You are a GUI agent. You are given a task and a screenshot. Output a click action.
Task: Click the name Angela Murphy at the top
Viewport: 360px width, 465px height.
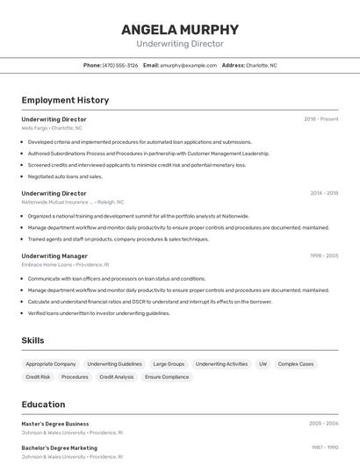pyautogui.click(x=180, y=30)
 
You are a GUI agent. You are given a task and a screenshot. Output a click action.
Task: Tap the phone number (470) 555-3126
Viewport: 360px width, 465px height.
pyautogui.click(x=119, y=65)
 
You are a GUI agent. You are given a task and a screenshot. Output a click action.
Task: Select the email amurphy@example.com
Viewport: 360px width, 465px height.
pyautogui.click(x=188, y=65)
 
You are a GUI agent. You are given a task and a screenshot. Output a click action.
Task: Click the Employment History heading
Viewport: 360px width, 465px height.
pyautogui.click(x=65, y=101)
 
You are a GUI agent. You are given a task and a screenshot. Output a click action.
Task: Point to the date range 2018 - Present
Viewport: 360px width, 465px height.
pyautogui.click(x=320, y=119)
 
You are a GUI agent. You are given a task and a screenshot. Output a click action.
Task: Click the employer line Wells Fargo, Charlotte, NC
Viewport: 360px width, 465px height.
pyautogui.click(x=52, y=128)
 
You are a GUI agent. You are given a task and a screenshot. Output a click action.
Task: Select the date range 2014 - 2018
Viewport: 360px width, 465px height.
pyautogui.click(x=323, y=193)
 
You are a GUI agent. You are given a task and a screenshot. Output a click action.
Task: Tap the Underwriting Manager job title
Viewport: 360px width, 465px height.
pyautogui.click(x=54, y=256)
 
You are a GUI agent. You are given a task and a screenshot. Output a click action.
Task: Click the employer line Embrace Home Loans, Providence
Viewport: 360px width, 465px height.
pyautogui.click(x=65, y=264)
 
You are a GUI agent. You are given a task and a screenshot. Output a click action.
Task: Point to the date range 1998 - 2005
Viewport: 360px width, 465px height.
pyautogui.click(x=323, y=256)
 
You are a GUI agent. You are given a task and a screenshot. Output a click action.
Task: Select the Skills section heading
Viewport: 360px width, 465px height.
pyautogui.click(x=32, y=340)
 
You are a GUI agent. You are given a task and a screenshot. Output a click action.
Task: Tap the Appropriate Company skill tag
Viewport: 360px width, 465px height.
pyautogui.click(x=51, y=364)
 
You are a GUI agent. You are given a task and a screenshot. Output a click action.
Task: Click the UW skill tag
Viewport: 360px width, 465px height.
pyautogui.click(x=263, y=364)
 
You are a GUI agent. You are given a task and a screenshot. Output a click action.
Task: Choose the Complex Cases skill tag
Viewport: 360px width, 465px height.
pyautogui.click(x=296, y=364)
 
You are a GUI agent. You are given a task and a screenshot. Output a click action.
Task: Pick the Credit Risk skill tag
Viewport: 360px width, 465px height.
pyautogui.click(x=38, y=377)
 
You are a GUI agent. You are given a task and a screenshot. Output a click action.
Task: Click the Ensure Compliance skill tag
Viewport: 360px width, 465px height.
pyautogui.click(x=167, y=377)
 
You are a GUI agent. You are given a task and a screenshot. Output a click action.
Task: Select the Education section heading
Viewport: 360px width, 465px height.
pyautogui.click(x=43, y=404)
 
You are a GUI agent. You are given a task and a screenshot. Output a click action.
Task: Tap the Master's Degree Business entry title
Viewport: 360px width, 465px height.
pyautogui.click(x=55, y=424)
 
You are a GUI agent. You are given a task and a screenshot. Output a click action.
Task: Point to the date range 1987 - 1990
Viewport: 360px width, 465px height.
pyautogui.click(x=324, y=447)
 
